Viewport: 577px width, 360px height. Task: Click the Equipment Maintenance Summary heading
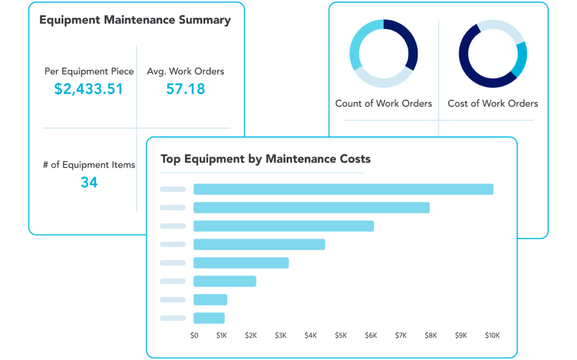pyautogui.click(x=135, y=20)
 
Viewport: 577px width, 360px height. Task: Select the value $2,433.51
pyautogui.click(x=88, y=89)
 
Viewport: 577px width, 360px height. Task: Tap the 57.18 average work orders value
pyautogui.click(x=185, y=89)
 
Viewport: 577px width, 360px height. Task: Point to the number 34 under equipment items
pyautogui.click(x=88, y=183)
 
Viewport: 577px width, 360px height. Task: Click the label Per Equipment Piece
pyautogui.click(x=89, y=72)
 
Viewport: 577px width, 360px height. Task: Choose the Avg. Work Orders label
pyautogui.click(x=185, y=72)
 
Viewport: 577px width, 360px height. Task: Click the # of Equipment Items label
pyautogui.click(x=89, y=165)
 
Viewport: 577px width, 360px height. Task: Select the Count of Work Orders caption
pyautogui.click(x=383, y=104)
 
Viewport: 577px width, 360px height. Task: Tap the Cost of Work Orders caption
pyautogui.click(x=492, y=104)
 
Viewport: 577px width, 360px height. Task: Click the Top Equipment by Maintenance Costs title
pyautogui.click(x=265, y=159)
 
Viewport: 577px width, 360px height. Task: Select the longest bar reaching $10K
pyautogui.click(x=343, y=189)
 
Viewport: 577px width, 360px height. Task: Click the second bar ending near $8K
pyautogui.click(x=311, y=207)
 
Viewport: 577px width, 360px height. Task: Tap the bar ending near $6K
pyautogui.click(x=283, y=226)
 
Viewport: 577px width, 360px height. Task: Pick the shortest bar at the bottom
pyautogui.click(x=208, y=318)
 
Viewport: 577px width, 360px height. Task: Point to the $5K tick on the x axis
pyautogui.click(x=340, y=336)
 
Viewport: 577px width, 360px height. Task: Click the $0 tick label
pyautogui.click(x=194, y=336)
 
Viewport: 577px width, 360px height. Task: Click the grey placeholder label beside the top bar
pyautogui.click(x=172, y=189)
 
